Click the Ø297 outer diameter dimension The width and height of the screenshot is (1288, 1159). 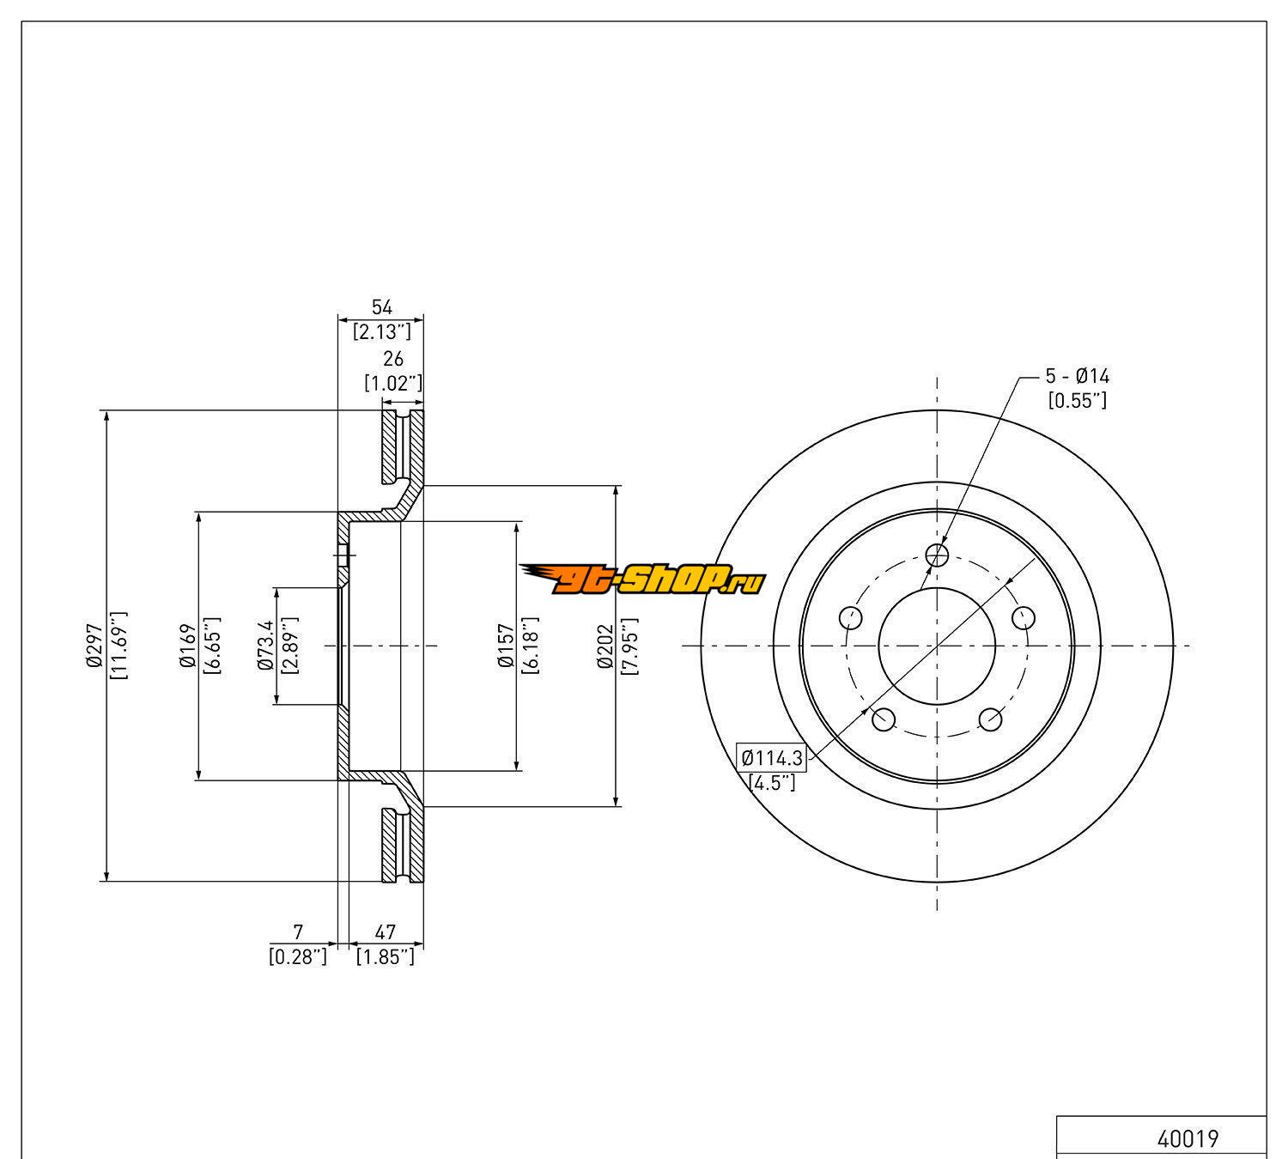94,646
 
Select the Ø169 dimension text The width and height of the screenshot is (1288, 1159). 187,646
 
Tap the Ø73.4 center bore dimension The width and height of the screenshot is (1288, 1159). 266,646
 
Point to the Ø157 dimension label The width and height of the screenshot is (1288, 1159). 507,646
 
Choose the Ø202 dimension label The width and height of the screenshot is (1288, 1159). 605,646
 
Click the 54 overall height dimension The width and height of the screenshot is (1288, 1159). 381,307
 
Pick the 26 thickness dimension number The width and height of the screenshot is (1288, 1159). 393,358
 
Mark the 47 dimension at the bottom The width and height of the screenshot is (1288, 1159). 386,931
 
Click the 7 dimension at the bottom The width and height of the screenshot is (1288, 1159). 298,931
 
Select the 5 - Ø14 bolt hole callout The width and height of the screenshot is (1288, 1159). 1078,376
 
